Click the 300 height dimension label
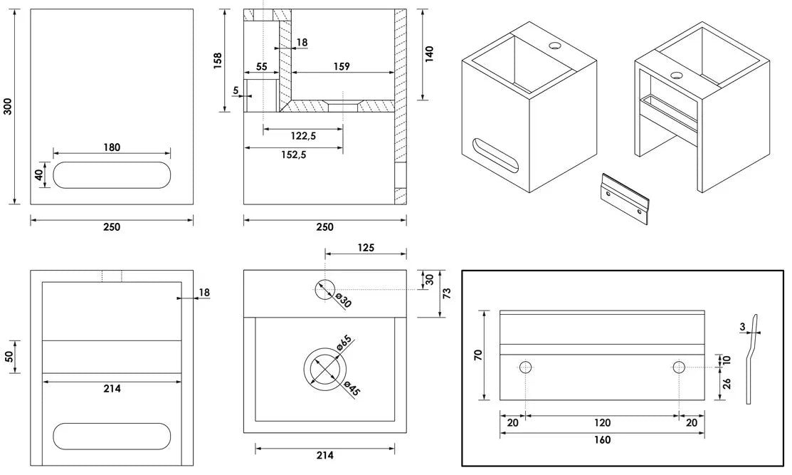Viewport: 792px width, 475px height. tap(9, 106)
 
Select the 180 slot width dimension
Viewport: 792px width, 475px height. tap(112, 147)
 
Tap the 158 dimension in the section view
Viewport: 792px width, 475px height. tap(218, 61)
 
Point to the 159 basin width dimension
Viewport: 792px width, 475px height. tap(342, 66)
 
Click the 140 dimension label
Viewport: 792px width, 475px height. tap(429, 54)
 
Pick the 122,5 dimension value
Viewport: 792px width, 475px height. tap(303, 135)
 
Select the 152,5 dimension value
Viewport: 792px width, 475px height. tap(294, 155)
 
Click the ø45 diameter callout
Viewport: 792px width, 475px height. tap(349, 388)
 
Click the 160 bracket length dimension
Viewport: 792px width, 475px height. tap(602, 439)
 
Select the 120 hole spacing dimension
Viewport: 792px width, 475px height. tap(602, 422)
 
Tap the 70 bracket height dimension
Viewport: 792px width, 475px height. tap(477, 354)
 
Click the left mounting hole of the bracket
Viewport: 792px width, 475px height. tap(525, 367)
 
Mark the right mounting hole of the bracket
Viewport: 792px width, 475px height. tap(679, 367)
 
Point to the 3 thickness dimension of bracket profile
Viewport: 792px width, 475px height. tap(743, 326)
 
